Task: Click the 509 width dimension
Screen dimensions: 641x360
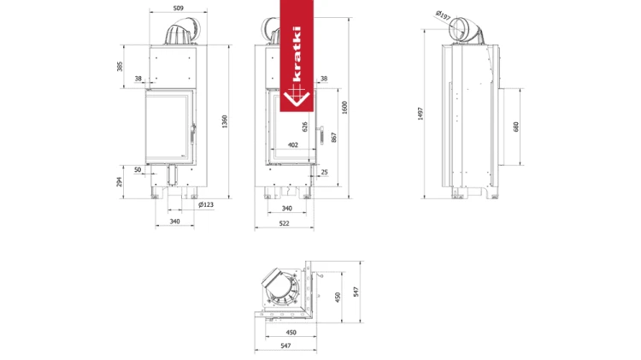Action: pyautogui.click(x=179, y=8)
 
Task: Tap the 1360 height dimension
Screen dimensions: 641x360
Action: pyautogui.click(x=225, y=121)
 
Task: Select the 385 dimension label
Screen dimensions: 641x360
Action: pyautogui.click(x=120, y=67)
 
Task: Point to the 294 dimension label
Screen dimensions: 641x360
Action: pyautogui.click(x=119, y=181)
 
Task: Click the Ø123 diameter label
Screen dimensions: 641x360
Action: pyautogui.click(x=206, y=204)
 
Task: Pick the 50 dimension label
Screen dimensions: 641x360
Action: pyautogui.click(x=138, y=169)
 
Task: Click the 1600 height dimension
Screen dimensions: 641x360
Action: pyautogui.click(x=344, y=108)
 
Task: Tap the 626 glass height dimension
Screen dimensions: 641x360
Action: pyautogui.click(x=304, y=127)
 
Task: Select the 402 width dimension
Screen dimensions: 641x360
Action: pyautogui.click(x=293, y=145)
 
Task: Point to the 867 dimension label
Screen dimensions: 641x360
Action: pyautogui.click(x=334, y=138)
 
